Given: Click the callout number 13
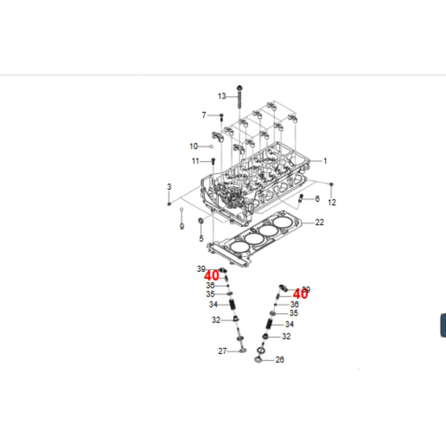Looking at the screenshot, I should [x=222, y=96].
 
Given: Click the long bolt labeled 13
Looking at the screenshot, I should [x=240, y=96].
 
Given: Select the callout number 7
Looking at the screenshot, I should [x=204, y=115].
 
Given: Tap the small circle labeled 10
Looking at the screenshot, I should [x=211, y=146].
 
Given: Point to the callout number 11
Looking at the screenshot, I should [x=195, y=161].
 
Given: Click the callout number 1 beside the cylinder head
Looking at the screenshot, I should [x=325, y=161].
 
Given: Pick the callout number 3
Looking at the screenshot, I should [x=169, y=186].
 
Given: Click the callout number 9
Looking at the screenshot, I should [x=182, y=227].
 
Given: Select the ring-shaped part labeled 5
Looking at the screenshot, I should [x=201, y=221].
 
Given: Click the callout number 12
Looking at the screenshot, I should [x=332, y=202].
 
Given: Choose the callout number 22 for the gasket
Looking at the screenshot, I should [x=319, y=222].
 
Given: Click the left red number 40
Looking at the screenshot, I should [x=211, y=276].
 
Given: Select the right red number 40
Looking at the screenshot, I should [x=300, y=294].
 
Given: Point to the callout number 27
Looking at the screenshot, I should [x=223, y=351].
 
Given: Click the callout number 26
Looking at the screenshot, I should [x=280, y=359].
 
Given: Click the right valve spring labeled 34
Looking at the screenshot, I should [x=269, y=324].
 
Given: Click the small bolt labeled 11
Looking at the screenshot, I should [x=212, y=161].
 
